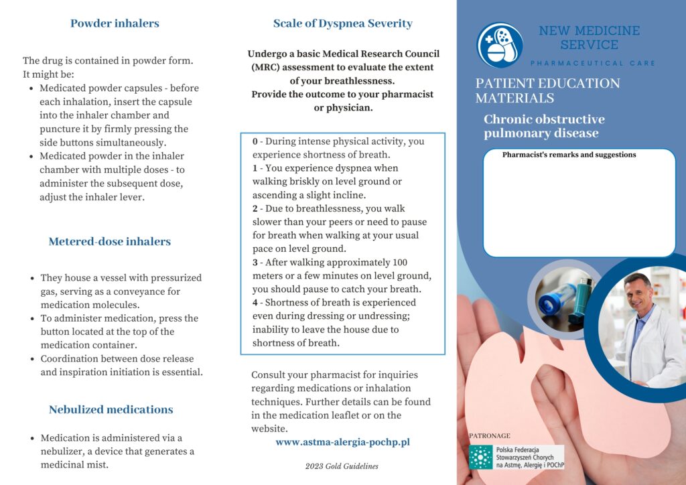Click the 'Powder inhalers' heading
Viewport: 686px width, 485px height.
pyautogui.click(x=115, y=23)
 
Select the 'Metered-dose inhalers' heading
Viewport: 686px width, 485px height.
pyautogui.click(x=109, y=241)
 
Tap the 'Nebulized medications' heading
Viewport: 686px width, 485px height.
pyautogui.click(x=111, y=409)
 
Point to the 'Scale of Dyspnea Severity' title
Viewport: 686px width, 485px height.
pyautogui.click(x=342, y=23)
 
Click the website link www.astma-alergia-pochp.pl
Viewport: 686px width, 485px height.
pyautogui.click(x=342, y=442)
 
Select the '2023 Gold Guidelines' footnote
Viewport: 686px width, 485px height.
pyautogui.click(x=342, y=466)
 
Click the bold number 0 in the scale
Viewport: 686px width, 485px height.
pyautogui.click(x=255, y=141)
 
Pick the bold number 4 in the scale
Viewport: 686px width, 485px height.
pyautogui.click(x=255, y=303)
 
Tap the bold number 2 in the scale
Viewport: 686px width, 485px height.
pyautogui.click(x=255, y=208)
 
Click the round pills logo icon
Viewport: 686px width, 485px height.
pyautogui.click(x=500, y=45)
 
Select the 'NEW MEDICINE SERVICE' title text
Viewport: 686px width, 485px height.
pyautogui.click(x=589, y=38)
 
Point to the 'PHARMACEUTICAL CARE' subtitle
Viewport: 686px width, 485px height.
pyautogui.click(x=593, y=63)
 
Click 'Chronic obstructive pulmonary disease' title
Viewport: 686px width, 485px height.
pyautogui.click(x=544, y=126)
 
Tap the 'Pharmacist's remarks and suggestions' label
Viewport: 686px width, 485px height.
pyautogui.click(x=569, y=155)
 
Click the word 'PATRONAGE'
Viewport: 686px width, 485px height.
pyautogui.click(x=490, y=435)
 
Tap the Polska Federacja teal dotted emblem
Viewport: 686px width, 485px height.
pyautogui.click(x=480, y=457)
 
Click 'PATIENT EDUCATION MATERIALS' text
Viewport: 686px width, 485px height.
pyautogui.click(x=547, y=90)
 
